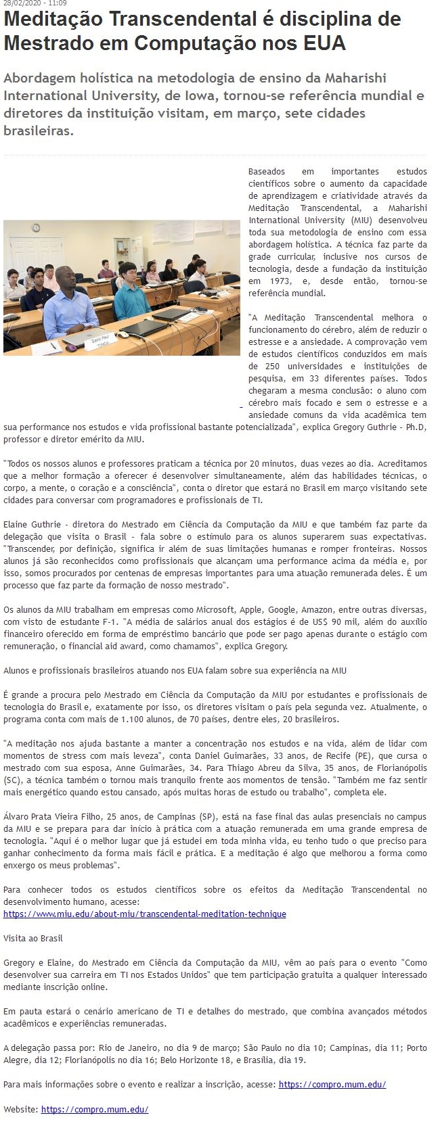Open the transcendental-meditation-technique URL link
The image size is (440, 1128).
(x=145, y=914)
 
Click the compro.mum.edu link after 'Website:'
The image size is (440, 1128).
(x=94, y=1109)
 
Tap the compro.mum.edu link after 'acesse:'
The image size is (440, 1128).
(x=332, y=1084)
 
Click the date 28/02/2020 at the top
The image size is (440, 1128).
(x=20, y=3)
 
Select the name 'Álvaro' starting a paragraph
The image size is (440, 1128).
(x=15, y=817)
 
